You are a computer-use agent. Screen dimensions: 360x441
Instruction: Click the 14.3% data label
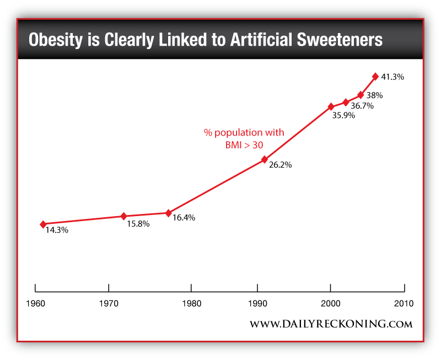[56, 230]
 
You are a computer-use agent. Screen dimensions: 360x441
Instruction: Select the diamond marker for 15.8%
[123, 216]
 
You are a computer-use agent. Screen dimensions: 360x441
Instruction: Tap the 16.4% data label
[184, 218]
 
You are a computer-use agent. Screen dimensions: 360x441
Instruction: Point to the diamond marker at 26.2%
[265, 160]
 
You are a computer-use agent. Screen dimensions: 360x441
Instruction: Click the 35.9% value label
[343, 116]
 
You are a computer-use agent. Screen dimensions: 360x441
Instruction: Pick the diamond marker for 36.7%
[346, 102]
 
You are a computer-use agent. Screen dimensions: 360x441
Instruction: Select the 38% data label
[374, 95]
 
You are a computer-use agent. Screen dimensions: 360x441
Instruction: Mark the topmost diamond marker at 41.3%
[375, 77]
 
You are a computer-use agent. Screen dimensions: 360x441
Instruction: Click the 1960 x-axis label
[35, 304]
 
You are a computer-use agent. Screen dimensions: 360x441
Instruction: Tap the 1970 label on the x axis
[109, 304]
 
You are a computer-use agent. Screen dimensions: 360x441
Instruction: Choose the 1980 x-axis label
[191, 304]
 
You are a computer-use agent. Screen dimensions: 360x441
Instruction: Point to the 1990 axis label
[257, 304]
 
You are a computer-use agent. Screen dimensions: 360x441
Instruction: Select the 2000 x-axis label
[331, 304]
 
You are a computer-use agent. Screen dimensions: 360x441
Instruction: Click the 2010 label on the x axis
[404, 304]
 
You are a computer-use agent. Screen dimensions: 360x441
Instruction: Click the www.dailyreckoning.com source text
[331, 324]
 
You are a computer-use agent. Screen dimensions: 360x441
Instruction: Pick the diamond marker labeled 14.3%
[42, 224]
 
